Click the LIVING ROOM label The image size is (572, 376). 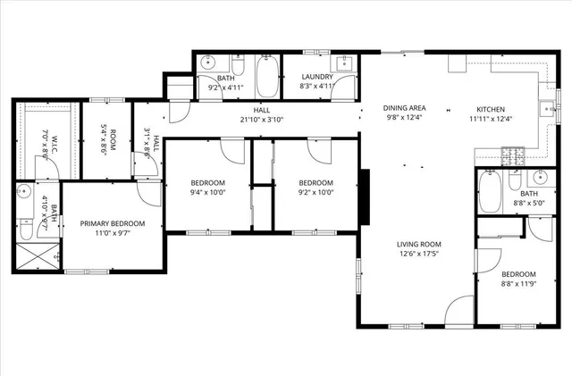coord(420,244)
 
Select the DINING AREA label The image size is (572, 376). coord(405,107)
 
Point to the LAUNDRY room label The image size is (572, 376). coord(316,78)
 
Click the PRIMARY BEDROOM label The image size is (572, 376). coord(113,224)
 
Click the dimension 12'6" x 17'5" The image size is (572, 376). coord(420,255)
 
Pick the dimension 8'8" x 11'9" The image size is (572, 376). coord(517,284)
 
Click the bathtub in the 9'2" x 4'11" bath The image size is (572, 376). coord(267,78)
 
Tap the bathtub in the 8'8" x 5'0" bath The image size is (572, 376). coord(489,192)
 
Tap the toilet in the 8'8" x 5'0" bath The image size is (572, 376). coord(515,181)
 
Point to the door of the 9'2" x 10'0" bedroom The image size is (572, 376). coord(317,150)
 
